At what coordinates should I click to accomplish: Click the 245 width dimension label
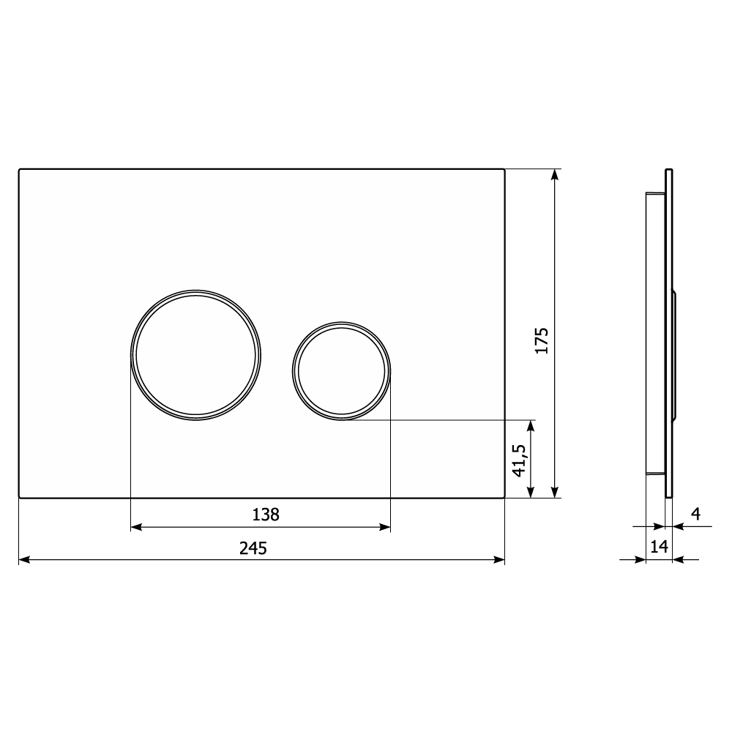253,548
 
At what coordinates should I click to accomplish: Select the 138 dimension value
266,515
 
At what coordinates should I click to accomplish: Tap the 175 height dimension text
541,341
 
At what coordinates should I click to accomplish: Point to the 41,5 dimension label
519,460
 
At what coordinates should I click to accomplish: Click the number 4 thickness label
695,514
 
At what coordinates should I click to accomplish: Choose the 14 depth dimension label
660,546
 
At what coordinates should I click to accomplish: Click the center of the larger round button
195,355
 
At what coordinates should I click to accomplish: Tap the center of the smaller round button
341,370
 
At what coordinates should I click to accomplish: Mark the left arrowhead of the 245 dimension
24,559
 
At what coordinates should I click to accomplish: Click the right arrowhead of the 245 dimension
499,559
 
